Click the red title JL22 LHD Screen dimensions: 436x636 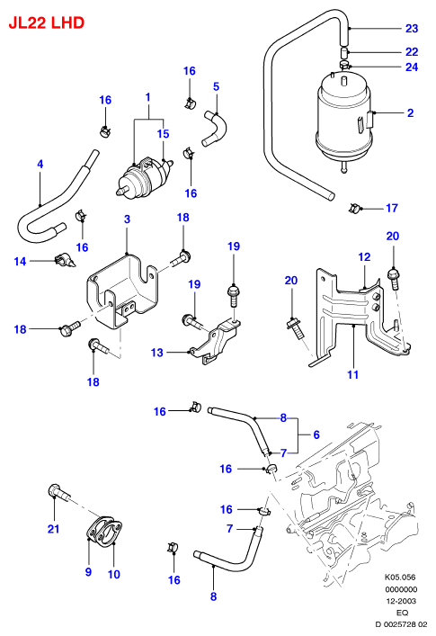(46, 22)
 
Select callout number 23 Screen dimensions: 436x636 (412, 29)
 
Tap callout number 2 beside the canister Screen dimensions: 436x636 (411, 112)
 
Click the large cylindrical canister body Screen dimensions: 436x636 (344, 121)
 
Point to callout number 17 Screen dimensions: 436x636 (392, 208)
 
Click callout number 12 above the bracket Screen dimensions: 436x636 (364, 256)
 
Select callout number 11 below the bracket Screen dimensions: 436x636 (353, 374)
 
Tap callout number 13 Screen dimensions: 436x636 (156, 353)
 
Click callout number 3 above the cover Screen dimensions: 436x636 (128, 219)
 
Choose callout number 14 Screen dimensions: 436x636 (20, 261)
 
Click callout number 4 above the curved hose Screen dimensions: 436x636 (40, 165)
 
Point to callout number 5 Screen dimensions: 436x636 (216, 86)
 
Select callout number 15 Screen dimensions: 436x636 (163, 134)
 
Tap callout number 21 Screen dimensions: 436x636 (53, 529)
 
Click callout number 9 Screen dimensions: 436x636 (88, 572)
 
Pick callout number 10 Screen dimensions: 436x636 (114, 574)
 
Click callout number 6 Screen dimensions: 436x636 (316, 434)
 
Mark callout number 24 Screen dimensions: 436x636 (412, 67)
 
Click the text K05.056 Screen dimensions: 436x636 (400, 577)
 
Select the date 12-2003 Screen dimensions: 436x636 (400, 601)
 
